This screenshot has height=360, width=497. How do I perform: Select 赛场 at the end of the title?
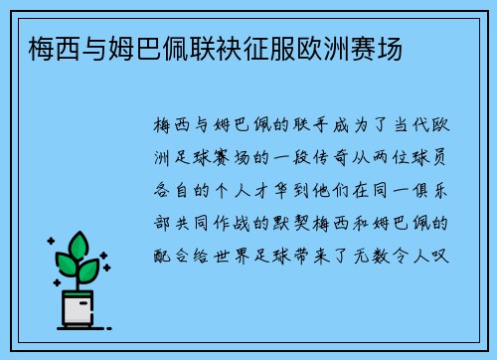click(377, 46)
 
